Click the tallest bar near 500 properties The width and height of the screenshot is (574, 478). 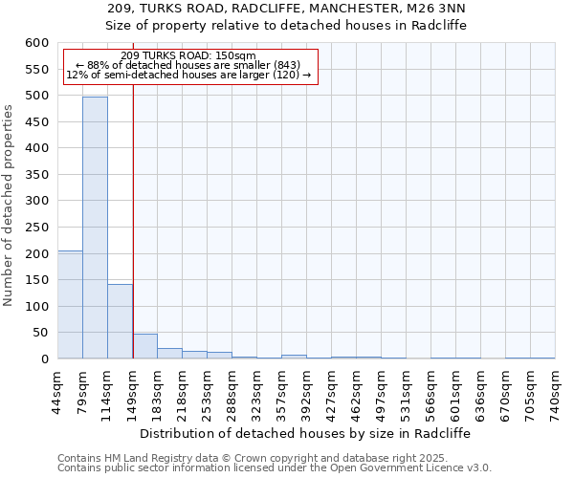[95, 228]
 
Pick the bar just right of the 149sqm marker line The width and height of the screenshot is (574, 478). [144, 346]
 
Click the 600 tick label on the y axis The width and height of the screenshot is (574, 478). [36, 43]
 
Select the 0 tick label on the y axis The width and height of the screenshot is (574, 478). [44, 358]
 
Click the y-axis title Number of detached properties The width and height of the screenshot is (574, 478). [9, 206]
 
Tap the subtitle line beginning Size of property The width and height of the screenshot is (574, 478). [286, 26]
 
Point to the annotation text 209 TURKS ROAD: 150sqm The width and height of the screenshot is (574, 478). [188, 55]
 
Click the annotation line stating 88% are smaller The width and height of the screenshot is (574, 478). [188, 65]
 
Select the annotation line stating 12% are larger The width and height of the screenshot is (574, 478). [188, 75]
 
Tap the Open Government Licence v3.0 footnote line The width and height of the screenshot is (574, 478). [274, 467]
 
